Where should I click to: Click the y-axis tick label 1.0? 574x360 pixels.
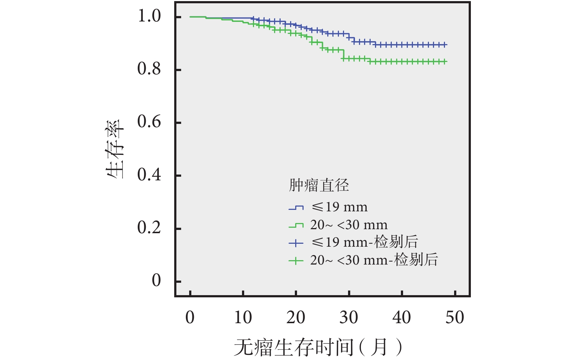(149, 16)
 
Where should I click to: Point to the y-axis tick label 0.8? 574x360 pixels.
(149, 69)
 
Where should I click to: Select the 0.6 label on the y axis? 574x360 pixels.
(149, 122)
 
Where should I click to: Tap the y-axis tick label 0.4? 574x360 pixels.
(149, 175)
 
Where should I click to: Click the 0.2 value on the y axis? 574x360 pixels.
(149, 228)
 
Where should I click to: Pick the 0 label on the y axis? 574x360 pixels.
(156, 281)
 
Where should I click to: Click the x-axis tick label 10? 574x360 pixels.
(243, 318)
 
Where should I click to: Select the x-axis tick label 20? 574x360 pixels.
(296, 318)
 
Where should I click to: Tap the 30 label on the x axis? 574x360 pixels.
(349, 318)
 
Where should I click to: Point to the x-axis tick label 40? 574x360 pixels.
(402, 318)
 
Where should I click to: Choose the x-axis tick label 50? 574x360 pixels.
(454, 318)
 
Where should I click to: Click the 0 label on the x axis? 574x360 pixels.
(190, 318)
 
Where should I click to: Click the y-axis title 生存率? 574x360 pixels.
(116, 149)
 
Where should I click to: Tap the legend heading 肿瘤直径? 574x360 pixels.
(319, 185)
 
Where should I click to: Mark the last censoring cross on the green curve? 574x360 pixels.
(445, 62)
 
